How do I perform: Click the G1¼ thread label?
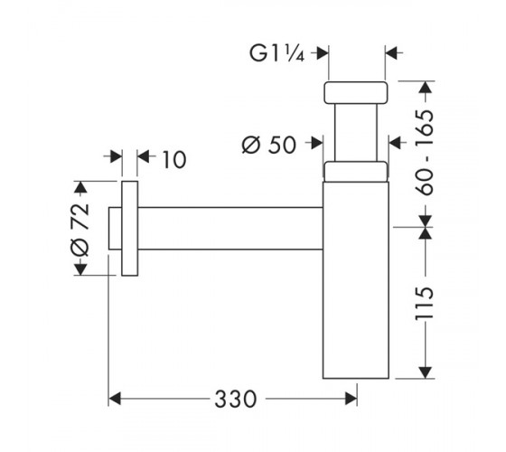point(276,53)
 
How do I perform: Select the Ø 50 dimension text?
point(269,145)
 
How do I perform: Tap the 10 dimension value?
point(174,159)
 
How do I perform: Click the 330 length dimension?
point(236,399)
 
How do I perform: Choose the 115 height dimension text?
point(424,303)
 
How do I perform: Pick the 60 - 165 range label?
point(424,153)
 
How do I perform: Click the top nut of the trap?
point(356,92)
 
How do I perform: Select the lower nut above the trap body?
point(355,171)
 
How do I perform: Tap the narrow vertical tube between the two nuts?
point(356,132)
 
